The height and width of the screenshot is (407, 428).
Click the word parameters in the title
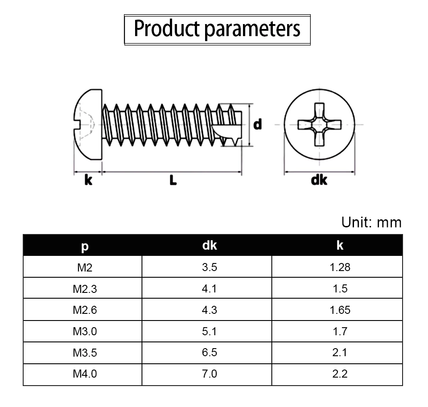coord(252,30)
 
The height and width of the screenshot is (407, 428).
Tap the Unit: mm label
coord(371,222)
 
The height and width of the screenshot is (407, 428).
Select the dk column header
coord(210,245)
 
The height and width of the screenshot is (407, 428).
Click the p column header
coord(85,247)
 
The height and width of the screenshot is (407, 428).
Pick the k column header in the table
coord(340,245)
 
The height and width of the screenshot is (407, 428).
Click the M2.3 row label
coord(85,289)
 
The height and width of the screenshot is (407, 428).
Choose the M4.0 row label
coord(85,374)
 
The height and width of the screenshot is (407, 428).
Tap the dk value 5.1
coord(210,331)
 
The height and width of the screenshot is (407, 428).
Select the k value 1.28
coord(340,267)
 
